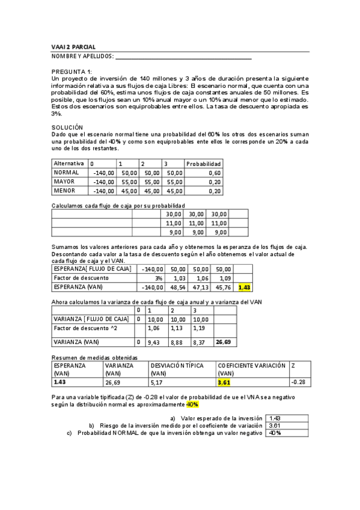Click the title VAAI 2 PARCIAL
point(73,47)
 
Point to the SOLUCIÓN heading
point(67,127)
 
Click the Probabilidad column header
point(203,164)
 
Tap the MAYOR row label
point(65,182)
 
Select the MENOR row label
point(65,191)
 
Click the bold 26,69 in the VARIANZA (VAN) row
point(223,342)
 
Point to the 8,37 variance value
point(199,342)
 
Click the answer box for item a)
point(286,418)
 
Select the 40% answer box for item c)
point(286,432)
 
